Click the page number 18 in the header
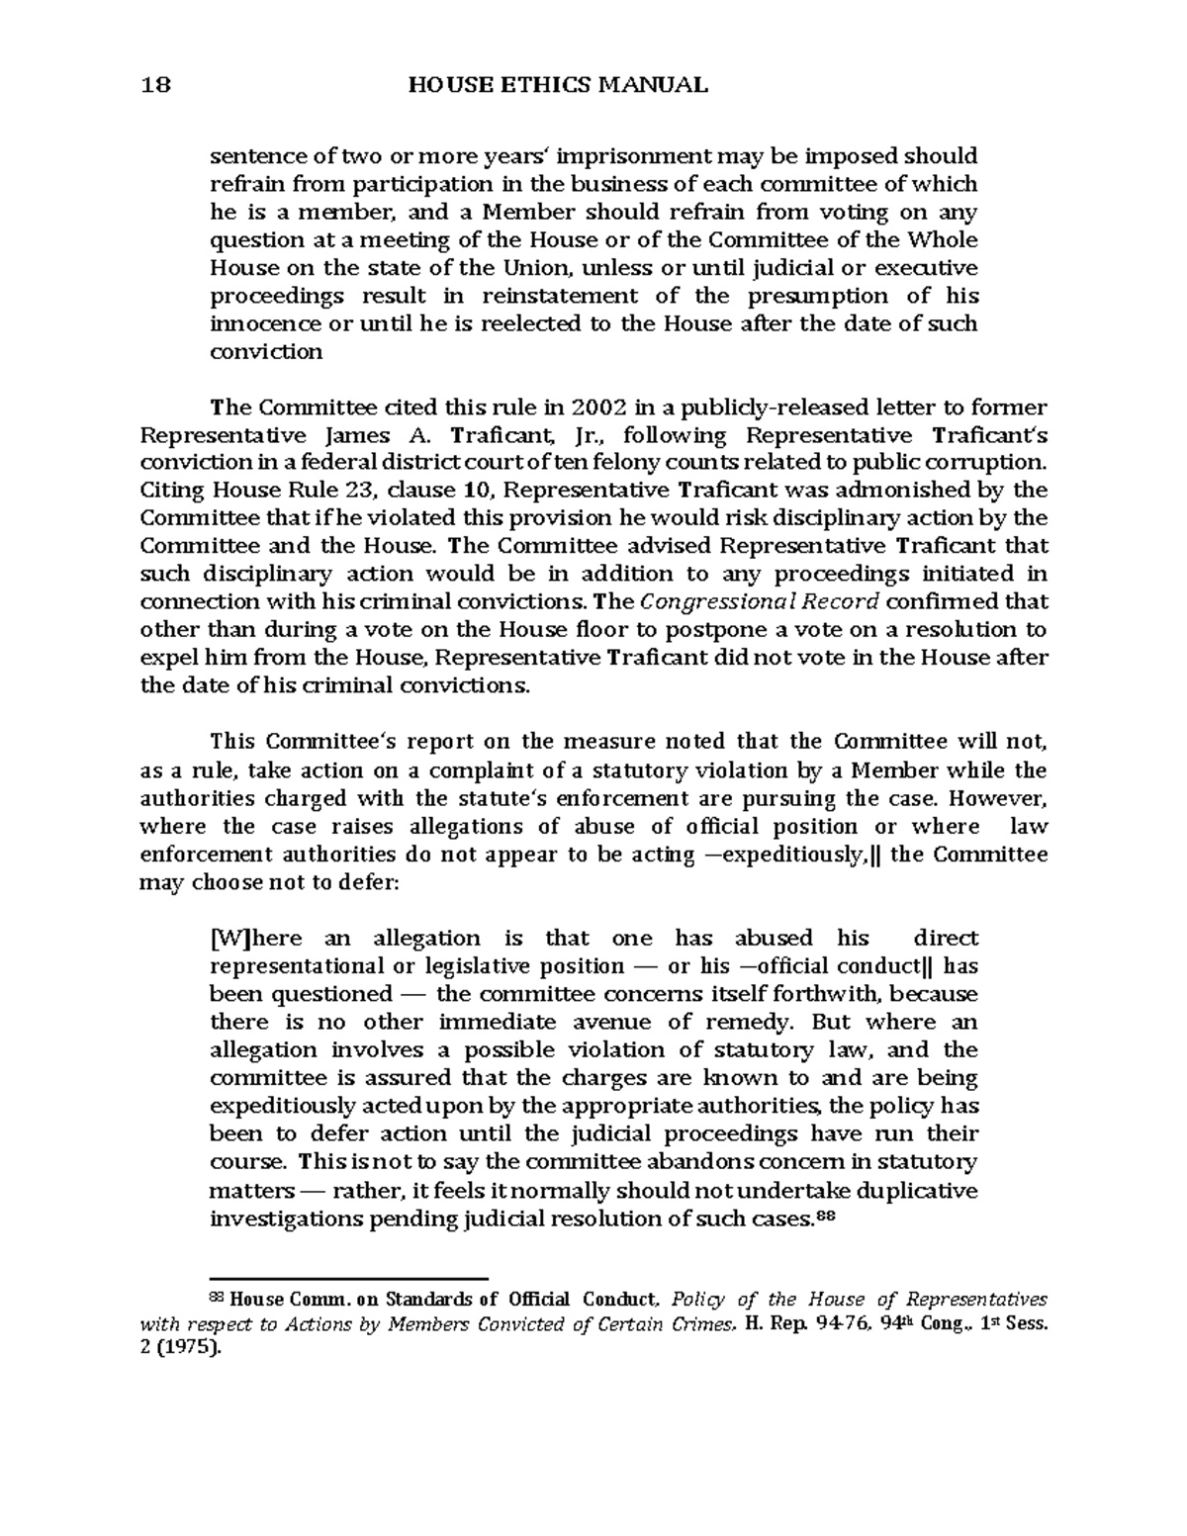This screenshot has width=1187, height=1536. click(156, 85)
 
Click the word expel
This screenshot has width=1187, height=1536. click(164, 659)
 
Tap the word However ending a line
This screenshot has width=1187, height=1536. click(1008, 798)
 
